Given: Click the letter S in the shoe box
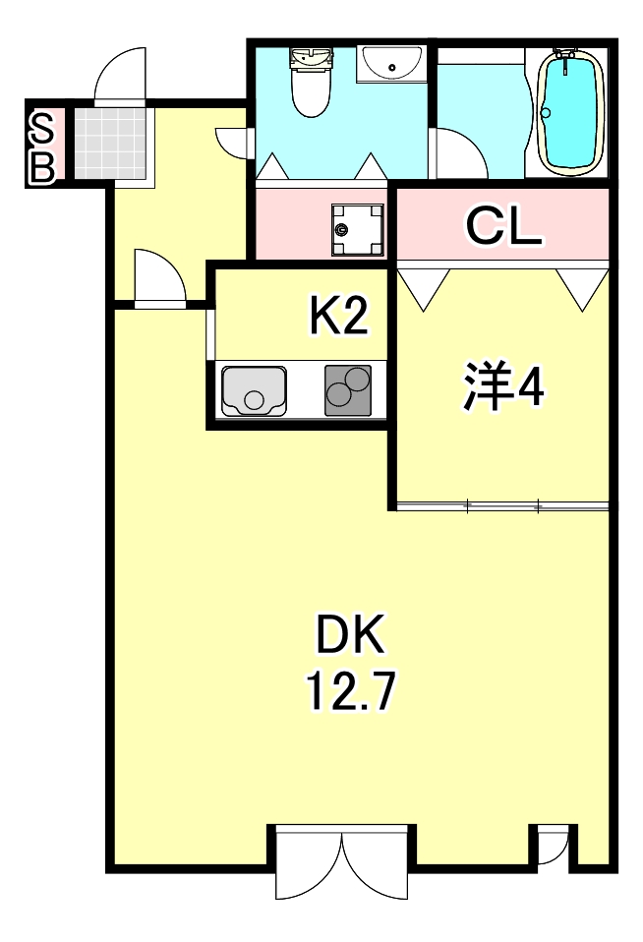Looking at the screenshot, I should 42,125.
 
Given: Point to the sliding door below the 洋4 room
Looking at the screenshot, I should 503,507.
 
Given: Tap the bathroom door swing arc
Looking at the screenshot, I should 456,152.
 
